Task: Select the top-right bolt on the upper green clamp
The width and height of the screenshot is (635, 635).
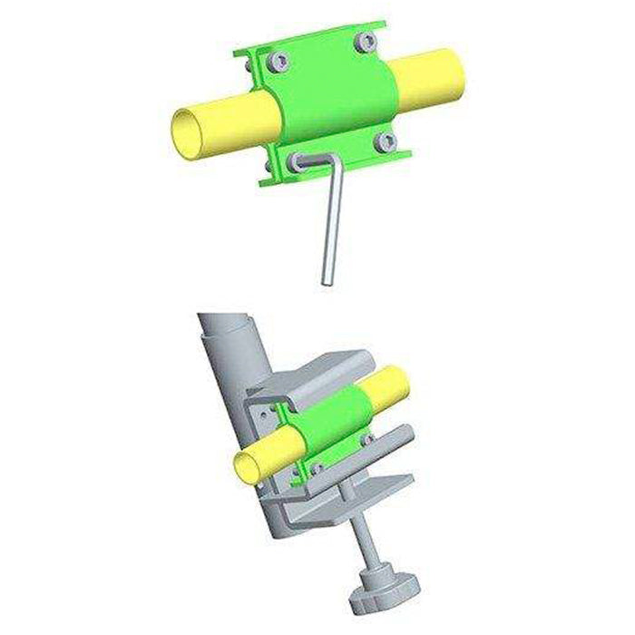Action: pyautogui.click(x=366, y=41)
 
